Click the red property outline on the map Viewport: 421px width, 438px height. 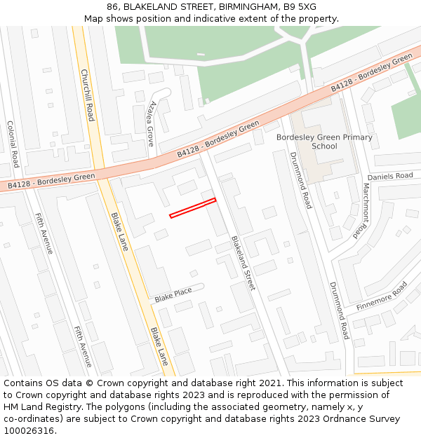point(192,208)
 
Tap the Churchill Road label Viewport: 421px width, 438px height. point(88,95)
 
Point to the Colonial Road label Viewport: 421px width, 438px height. point(13,144)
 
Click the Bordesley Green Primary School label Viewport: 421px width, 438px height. point(324,142)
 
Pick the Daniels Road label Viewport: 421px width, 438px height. point(390,177)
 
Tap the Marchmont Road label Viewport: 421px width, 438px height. point(360,206)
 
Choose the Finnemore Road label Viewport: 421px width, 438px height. point(382,296)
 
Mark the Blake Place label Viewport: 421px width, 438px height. point(173,296)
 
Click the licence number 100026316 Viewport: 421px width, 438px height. point(28,431)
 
